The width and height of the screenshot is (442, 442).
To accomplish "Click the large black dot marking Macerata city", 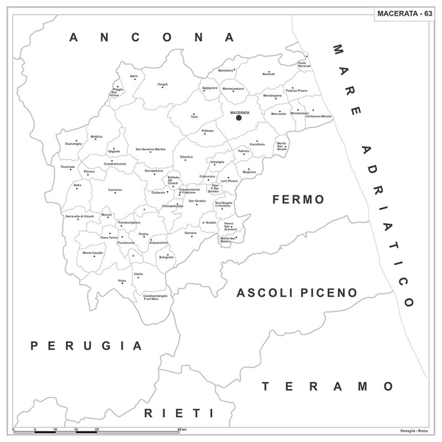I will point(239,118).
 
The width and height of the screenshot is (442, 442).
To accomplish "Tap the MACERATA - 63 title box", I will point(404,13).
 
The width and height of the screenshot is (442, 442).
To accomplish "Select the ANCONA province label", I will point(151,38).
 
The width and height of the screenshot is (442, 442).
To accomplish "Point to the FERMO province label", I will point(298,199).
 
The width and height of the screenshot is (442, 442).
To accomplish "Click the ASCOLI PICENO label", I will point(297,293).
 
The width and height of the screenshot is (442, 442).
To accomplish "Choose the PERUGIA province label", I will point(86,346).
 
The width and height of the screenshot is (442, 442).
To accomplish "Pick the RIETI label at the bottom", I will point(178,413).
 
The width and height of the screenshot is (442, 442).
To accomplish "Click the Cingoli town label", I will point(162,85).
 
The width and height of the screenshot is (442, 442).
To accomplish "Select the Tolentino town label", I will point(186,157).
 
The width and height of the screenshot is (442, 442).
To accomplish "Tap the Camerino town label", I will point(115,190).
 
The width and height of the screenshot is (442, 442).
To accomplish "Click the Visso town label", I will point(122,281).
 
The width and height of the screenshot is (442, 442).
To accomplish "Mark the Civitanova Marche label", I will point(319,117).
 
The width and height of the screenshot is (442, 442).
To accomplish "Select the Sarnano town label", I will point(191,233).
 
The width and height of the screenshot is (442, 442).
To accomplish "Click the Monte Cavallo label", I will point(93,252).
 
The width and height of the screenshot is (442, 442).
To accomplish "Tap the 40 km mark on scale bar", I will point(182,429).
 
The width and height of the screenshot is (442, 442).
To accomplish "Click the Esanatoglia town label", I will point(73,144).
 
